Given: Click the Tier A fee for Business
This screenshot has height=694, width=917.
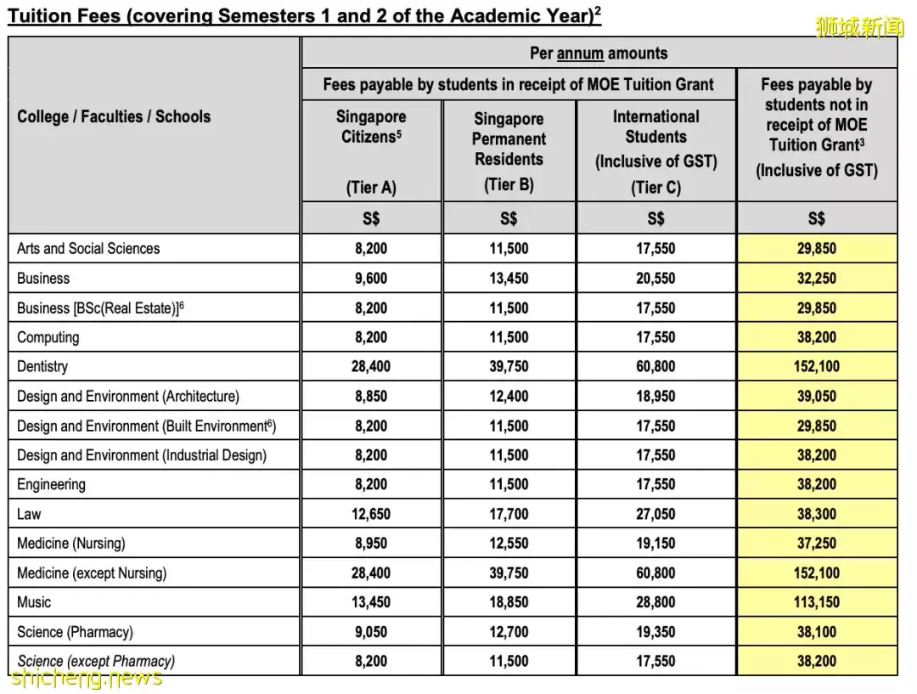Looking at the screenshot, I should [x=371, y=279].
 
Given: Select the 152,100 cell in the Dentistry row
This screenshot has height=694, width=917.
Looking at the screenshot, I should [x=816, y=367].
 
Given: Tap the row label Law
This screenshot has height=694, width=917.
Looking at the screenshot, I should [x=29, y=514].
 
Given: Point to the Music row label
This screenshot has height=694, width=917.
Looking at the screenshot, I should [x=34, y=602].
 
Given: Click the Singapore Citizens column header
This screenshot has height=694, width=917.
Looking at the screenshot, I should [x=371, y=127].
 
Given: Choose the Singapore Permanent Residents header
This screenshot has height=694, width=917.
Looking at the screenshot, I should [x=509, y=138].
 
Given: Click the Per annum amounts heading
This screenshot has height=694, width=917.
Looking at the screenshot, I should [x=599, y=54].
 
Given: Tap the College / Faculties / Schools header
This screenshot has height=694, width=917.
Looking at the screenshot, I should [x=114, y=116].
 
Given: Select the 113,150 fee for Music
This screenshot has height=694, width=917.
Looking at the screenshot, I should [x=816, y=602].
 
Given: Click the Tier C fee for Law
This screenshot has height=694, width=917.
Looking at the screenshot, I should [x=655, y=514].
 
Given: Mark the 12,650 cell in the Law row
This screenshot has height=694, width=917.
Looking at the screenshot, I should [x=371, y=514].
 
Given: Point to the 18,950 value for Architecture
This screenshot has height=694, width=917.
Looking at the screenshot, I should [x=655, y=396].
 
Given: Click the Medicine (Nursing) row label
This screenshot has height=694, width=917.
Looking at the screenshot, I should [x=70, y=544].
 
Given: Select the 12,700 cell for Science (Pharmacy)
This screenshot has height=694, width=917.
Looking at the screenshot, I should [x=509, y=632].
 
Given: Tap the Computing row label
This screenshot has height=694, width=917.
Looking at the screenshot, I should [x=48, y=337].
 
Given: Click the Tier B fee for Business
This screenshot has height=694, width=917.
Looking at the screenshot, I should [x=509, y=279].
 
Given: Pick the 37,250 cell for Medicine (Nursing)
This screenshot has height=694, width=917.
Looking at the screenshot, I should [x=816, y=544].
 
